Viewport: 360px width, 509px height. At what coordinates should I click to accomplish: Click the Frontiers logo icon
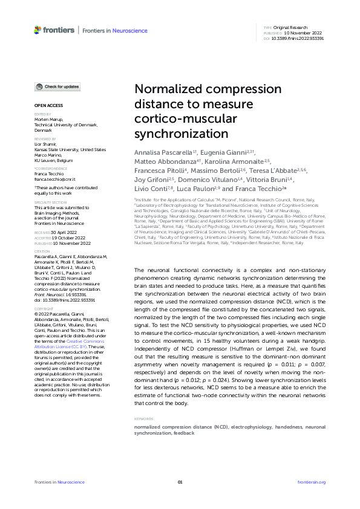pyautogui.click(x=38, y=30)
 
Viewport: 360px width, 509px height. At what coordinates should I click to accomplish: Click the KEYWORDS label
pyautogui.click(x=144, y=419)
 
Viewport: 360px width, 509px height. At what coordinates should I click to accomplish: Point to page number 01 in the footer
pyautogui.click(x=180, y=482)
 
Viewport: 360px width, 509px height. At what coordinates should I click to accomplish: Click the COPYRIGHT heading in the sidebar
pyautogui.click(x=43, y=308)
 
